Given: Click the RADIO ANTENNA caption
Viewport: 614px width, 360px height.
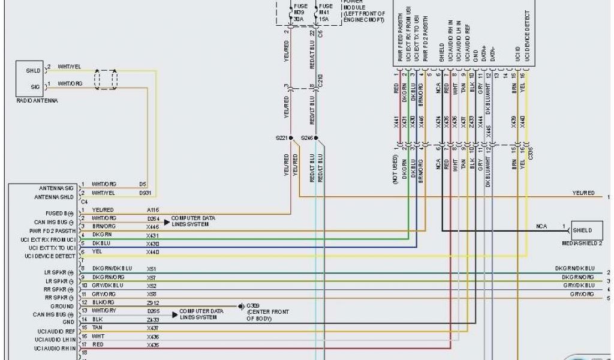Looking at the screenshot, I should point(37,101).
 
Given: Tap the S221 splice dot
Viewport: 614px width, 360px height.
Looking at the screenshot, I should point(291,137).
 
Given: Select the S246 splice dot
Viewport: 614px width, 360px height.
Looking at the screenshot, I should point(316,137).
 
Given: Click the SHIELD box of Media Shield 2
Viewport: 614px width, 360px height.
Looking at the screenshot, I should point(582,230).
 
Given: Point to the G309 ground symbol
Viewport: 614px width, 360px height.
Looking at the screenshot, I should point(240,306).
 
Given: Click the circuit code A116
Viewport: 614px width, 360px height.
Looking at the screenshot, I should point(153,210).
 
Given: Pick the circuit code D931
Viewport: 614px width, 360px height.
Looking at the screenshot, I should point(146,193).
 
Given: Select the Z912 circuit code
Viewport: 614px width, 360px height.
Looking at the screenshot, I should point(153,302).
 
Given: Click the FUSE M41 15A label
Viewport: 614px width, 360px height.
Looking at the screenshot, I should point(324,12).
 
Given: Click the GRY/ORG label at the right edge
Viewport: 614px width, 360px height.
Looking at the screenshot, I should point(583,295).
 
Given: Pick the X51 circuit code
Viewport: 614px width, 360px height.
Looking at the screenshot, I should point(152,269).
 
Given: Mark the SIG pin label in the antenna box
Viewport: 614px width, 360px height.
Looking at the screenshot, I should point(35,86).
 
